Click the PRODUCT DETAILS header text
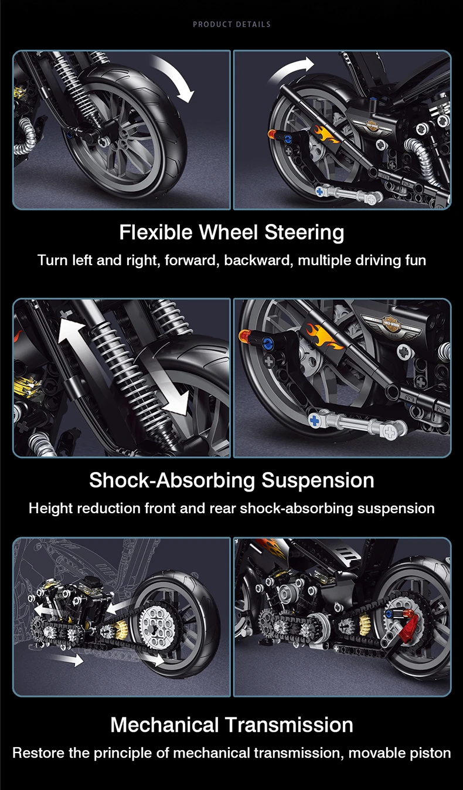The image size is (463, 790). click(231, 24)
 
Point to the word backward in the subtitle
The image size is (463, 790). click(258, 260)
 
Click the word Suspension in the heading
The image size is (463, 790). click(318, 480)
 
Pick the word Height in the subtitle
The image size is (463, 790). click(47, 508)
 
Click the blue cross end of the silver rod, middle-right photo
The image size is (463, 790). click(315, 419)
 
